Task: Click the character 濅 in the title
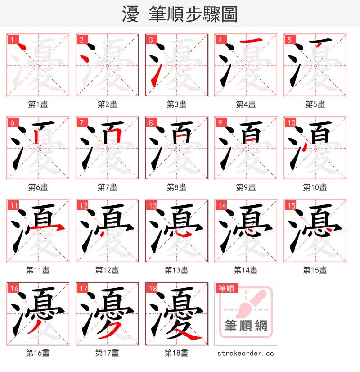click(x=130, y=14)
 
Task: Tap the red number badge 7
click(x=81, y=123)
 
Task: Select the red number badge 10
click(x=291, y=123)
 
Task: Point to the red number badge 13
click(x=153, y=206)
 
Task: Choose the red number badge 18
click(x=153, y=289)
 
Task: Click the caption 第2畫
click(x=107, y=104)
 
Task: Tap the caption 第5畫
click(x=315, y=104)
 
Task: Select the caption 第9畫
click(x=246, y=187)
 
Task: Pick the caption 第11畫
click(x=38, y=270)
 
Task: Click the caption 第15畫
click(x=315, y=270)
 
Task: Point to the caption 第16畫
click(x=38, y=353)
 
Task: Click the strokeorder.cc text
click(x=246, y=354)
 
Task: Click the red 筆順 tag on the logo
click(x=227, y=289)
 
